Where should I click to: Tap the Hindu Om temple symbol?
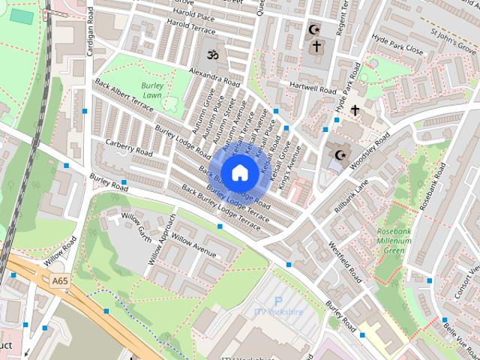(213, 55)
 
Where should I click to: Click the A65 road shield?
(61, 280)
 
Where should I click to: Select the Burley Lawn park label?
(152, 91)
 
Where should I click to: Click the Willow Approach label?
(161, 239)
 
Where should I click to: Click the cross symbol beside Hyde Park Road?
(355, 110)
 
